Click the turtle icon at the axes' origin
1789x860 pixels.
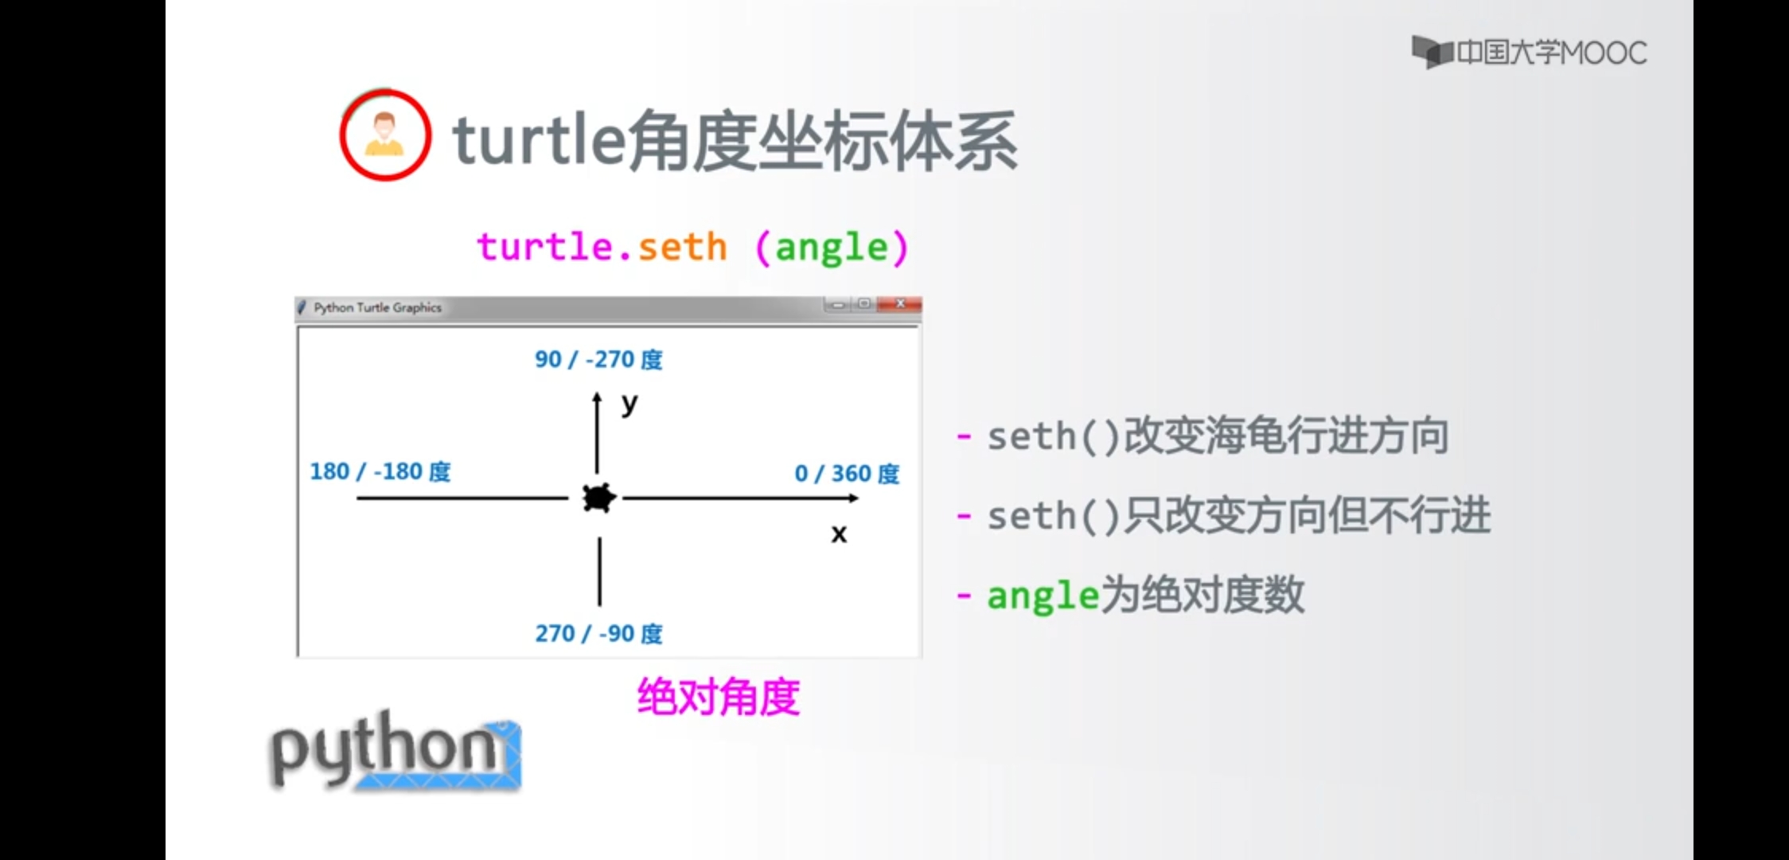coord(599,498)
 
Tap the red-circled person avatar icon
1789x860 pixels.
coord(386,135)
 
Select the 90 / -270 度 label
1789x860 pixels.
coord(598,359)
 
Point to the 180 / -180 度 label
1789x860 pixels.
coord(380,471)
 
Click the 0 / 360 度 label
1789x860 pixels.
coord(847,473)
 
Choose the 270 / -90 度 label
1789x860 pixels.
coord(598,633)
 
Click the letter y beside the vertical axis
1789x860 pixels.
coord(629,405)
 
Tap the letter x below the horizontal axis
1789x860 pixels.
coord(839,534)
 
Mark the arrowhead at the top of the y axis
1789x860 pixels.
coord(597,397)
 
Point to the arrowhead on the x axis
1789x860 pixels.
coord(853,498)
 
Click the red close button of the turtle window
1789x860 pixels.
coord(900,304)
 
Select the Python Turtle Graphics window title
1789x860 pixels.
coord(377,307)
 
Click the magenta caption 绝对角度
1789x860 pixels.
coord(718,697)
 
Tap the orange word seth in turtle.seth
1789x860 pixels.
coord(683,247)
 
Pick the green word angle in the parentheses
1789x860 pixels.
coord(832,248)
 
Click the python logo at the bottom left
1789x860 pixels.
coord(396,750)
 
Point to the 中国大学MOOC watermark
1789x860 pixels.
coord(1529,53)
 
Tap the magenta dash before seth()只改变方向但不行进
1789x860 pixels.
coord(964,516)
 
